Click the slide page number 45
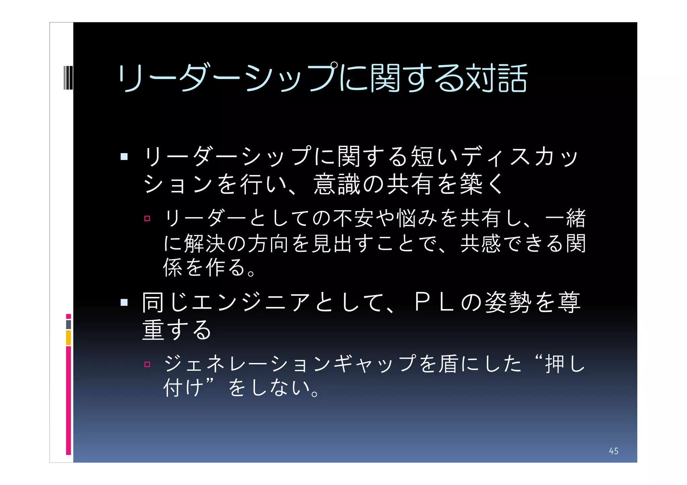click(614, 451)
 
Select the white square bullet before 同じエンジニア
click(124, 303)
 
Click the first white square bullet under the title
click(124, 157)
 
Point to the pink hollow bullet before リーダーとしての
click(147, 219)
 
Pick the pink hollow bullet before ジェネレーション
click(147, 364)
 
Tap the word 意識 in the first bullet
click(338, 184)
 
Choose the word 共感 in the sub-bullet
click(481, 243)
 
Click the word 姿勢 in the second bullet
click(509, 302)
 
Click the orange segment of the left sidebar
click(68, 338)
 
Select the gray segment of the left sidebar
click(68, 324)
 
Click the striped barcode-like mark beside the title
click(68, 78)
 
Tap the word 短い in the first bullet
click(434, 157)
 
